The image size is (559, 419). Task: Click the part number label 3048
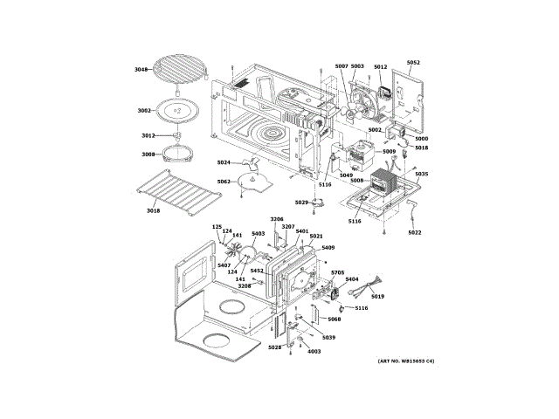pyautogui.click(x=141, y=69)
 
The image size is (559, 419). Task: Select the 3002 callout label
pyautogui.click(x=144, y=111)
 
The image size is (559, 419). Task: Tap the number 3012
pyautogui.click(x=148, y=135)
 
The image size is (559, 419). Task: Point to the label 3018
pyautogui.click(x=153, y=211)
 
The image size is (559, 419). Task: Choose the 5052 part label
pyautogui.click(x=413, y=62)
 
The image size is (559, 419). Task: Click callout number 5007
pyautogui.click(x=342, y=66)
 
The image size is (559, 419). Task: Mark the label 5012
pyautogui.click(x=380, y=66)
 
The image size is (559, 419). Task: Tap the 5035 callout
pyautogui.click(x=422, y=174)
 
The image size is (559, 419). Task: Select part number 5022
pyautogui.click(x=414, y=232)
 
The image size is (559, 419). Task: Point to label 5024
pyautogui.click(x=224, y=162)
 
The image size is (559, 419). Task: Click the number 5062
pyautogui.click(x=224, y=182)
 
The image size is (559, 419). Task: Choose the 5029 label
pyautogui.click(x=301, y=203)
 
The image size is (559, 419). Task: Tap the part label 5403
pyautogui.click(x=258, y=233)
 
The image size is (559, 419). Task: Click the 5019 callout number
pyautogui.click(x=377, y=297)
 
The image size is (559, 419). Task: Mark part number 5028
pyautogui.click(x=275, y=347)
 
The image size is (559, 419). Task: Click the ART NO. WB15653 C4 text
pyautogui.click(x=406, y=361)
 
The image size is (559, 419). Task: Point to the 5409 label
pyautogui.click(x=328, y=248)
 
